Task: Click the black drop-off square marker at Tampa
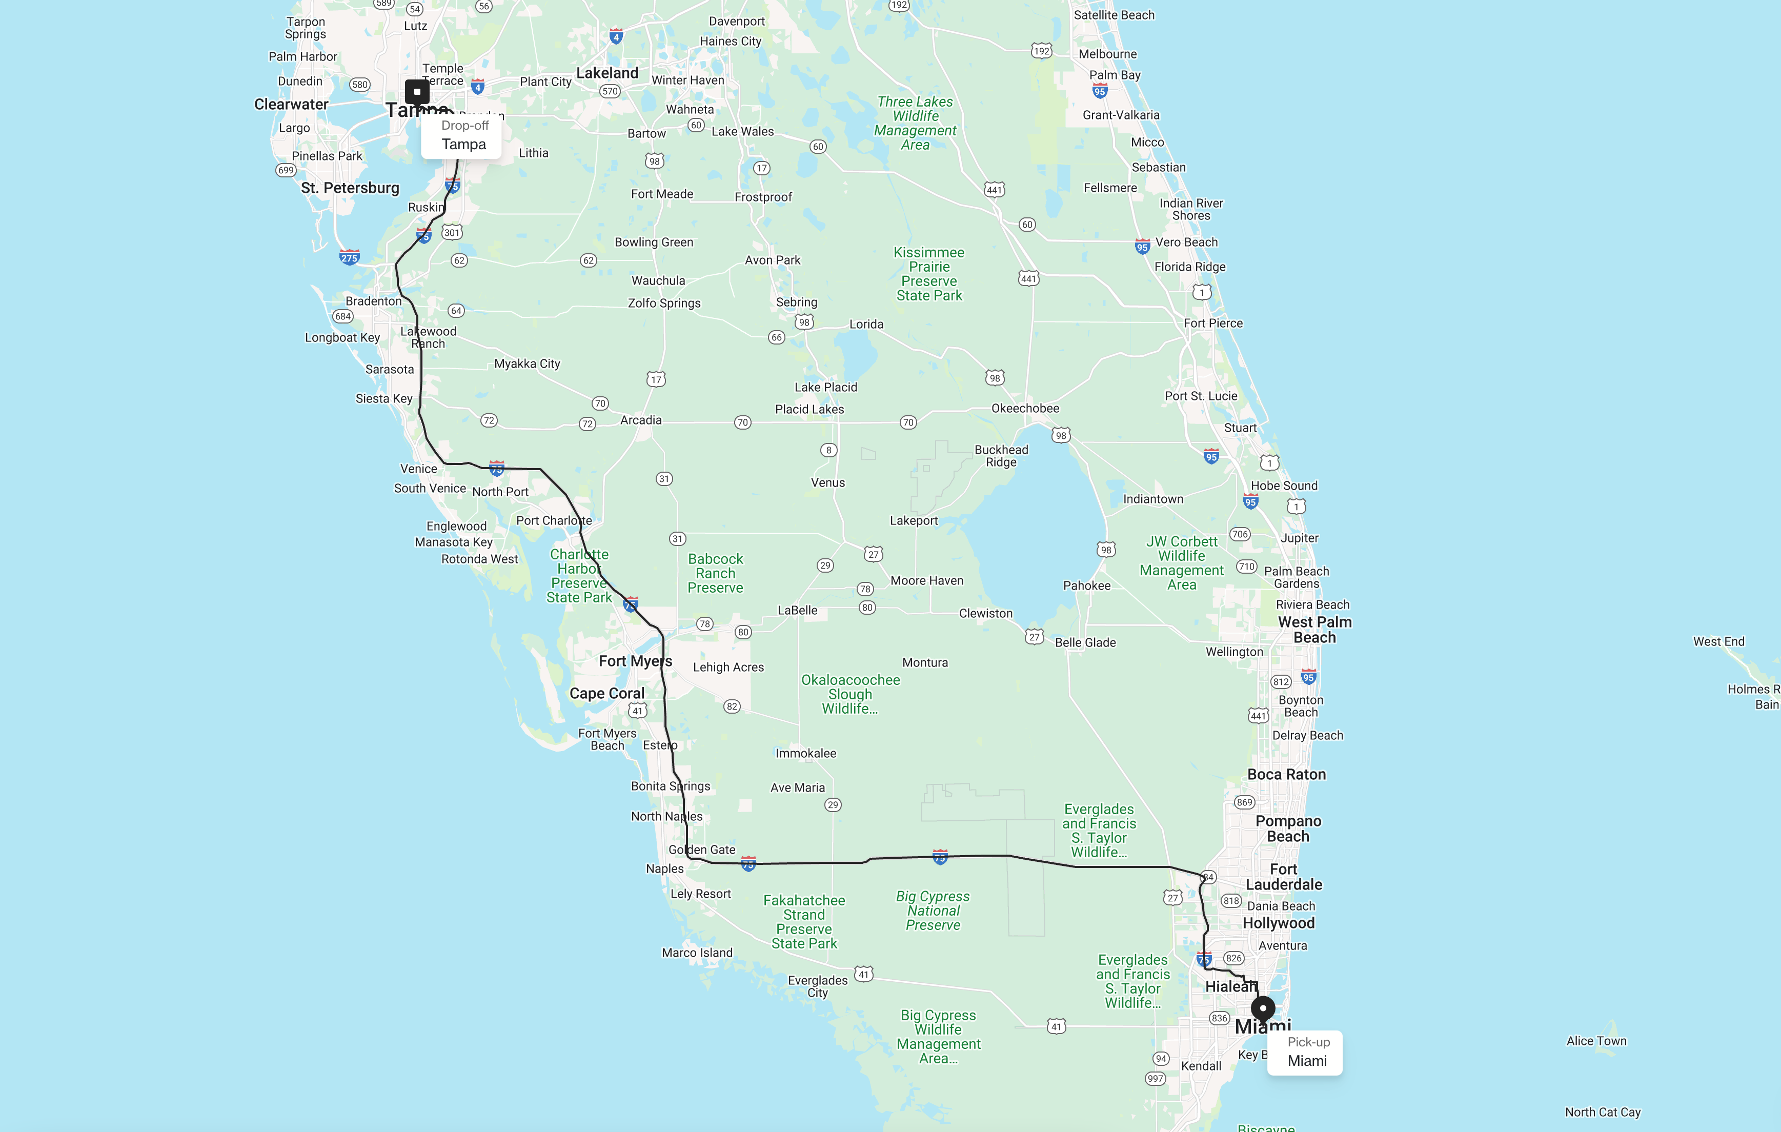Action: tap(417, 92)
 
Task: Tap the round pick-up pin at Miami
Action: tap(1263, 1008)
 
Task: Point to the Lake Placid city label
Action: tap(825, 387)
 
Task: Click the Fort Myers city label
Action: tap(635, 661)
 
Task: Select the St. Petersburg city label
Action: tap(350, 188)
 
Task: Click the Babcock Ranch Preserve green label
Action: tap(715, 573)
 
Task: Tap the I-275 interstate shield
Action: tap(349, 257)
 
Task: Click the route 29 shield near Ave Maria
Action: tap(833, 805)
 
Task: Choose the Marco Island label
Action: tap(697, 953)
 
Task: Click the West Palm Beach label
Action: tap(1314, 630)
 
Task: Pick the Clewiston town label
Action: tap(985, 613)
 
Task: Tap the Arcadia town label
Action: tap(640, 420)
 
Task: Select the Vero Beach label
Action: tap(1186, 242)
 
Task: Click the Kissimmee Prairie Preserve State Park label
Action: tap(929, 274)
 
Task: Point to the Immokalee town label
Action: tap(805, 753)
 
